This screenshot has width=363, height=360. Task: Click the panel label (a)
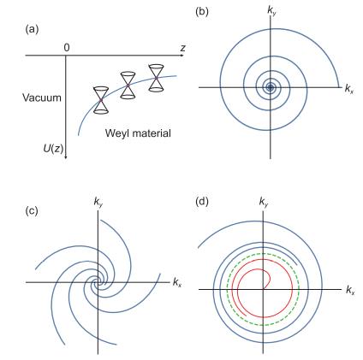32,29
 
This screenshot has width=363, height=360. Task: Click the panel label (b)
202,12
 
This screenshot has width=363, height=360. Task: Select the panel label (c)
32,210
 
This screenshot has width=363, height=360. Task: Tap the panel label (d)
202,201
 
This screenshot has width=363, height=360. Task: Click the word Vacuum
42,97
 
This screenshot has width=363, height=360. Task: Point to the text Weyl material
138,133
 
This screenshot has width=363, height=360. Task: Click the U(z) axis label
53,148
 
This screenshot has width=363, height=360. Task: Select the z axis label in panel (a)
182,48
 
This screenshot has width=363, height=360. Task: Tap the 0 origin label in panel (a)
67,48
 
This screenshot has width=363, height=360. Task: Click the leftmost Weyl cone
101,100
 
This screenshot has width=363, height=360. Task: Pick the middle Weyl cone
128,86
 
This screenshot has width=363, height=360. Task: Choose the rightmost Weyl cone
156,78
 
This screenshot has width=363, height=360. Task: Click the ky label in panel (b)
271,11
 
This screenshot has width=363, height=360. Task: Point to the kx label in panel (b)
349,89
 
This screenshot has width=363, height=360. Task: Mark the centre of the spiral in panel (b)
270,87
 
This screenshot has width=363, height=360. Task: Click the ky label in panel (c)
98,202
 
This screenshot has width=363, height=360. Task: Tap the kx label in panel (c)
177,282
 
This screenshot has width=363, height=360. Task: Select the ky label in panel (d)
264,202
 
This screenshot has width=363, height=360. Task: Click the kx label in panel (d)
350,291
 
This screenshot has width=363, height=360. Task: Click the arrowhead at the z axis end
182,55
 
